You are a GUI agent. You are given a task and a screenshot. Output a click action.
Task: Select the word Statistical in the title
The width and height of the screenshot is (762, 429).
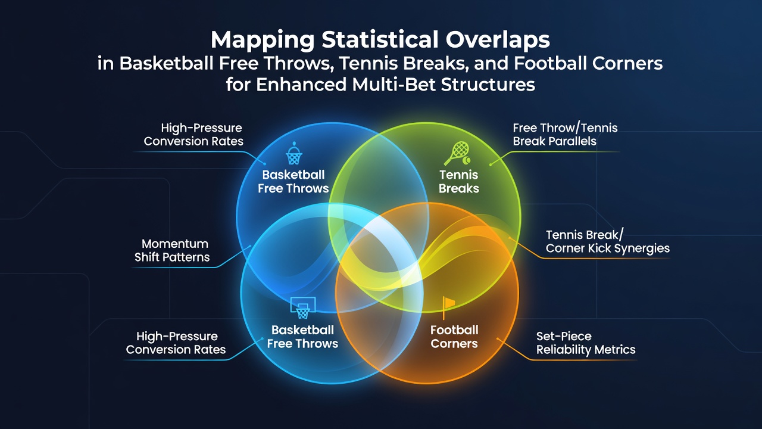coord(380,39)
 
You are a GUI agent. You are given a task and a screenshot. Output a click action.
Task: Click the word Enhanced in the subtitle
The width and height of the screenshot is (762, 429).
coord(301,85)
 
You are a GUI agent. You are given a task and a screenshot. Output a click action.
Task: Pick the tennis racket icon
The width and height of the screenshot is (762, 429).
coord(455,154)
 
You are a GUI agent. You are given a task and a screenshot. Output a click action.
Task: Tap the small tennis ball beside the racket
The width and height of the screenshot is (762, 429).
coord(466,160)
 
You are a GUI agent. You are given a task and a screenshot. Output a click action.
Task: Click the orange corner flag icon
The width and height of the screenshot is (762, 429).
coord(448,307)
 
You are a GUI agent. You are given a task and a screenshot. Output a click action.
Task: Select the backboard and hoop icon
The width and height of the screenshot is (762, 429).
coord(303,307)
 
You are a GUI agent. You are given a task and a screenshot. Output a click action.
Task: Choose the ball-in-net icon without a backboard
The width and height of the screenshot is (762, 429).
coord(293,154)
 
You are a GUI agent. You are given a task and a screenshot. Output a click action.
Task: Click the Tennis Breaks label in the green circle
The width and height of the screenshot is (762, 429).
coord(459,182)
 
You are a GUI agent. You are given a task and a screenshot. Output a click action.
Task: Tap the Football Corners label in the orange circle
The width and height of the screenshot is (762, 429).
coord(454,337)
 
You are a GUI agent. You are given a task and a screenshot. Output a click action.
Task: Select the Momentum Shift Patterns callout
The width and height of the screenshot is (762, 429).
coord(172,251)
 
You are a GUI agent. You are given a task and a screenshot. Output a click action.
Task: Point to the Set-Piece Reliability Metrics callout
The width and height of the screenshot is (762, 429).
coord(586,343)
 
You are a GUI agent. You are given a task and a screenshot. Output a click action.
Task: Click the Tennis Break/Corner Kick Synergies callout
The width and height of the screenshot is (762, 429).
coord(608,242)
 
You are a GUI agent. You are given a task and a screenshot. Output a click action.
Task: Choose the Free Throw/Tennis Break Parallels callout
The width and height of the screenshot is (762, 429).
coord(565,135)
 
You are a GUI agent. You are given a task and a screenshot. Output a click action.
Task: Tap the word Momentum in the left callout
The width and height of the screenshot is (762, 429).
coord(175,244)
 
